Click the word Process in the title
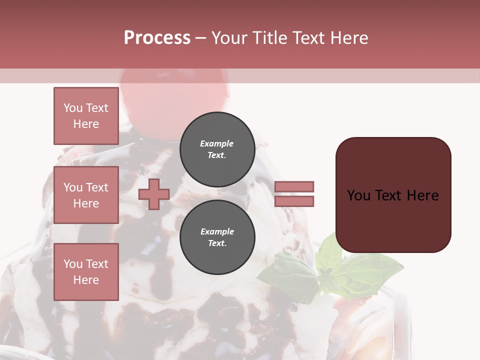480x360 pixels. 157,38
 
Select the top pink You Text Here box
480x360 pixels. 86,116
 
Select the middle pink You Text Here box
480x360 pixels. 86,195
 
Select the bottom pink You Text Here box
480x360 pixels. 86,272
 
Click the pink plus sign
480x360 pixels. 154,194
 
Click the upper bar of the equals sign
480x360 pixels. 294,187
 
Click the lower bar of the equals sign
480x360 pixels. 294,201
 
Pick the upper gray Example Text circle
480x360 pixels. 217,149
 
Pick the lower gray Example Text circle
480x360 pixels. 217,237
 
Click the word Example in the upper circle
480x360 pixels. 217,143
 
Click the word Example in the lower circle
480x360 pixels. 217,231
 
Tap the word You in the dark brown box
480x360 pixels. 358,195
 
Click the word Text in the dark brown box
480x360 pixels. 389,195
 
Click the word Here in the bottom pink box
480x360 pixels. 86,280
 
